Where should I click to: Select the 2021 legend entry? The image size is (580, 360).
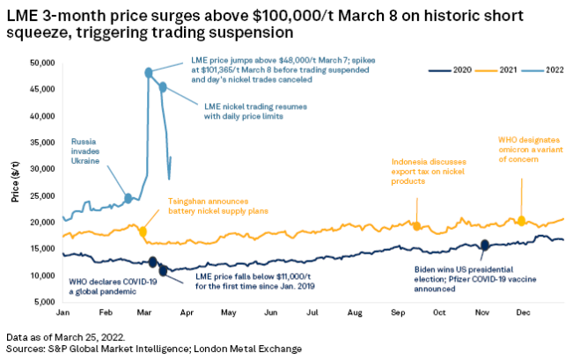point(501,70)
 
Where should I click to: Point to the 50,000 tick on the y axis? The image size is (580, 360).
point(41,63)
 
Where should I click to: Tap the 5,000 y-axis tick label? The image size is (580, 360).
point(44,302)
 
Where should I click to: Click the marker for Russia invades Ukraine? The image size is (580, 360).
point(128,198)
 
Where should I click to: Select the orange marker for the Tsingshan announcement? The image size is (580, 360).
point(143,231)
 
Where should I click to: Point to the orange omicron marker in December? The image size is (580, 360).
point(522,220)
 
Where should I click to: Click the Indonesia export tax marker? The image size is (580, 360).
point(416,226)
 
